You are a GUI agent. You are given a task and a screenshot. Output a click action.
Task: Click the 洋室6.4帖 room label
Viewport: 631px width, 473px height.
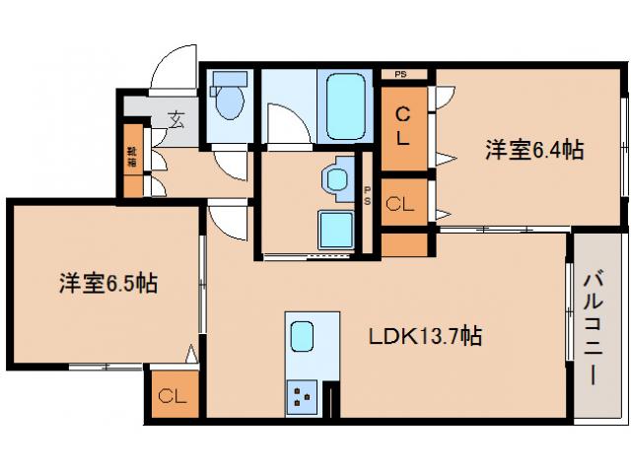533,150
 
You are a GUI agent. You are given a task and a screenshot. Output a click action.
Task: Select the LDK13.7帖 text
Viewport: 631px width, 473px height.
425,336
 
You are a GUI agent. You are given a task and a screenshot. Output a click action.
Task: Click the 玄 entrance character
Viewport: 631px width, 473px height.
175,121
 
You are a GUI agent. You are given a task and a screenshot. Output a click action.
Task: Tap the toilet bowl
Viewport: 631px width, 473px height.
231,101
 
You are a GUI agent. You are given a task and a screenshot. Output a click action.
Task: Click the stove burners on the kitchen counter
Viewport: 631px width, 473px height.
301,398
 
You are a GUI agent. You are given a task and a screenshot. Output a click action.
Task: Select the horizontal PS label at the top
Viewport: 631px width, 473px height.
401,74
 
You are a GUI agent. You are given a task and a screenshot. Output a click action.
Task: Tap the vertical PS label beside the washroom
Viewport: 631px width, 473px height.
368,196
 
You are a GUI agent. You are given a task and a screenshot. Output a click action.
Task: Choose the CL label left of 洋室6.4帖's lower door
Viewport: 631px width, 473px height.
399,205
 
